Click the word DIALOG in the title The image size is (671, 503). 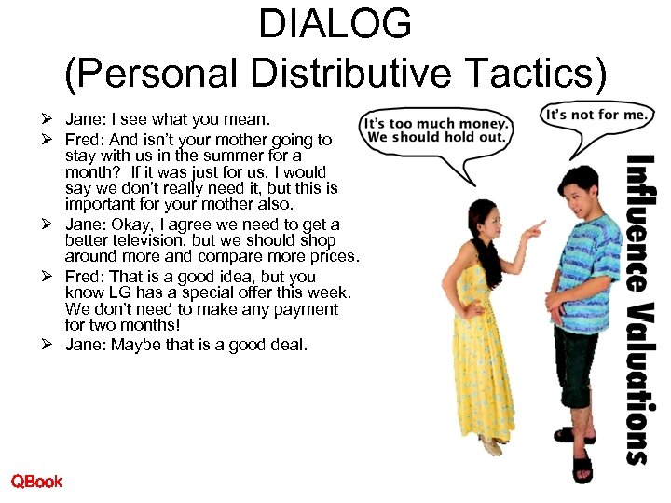point(335,24)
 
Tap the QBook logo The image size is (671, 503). point(36,482)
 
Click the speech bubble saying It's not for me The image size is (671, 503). point(596,116)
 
